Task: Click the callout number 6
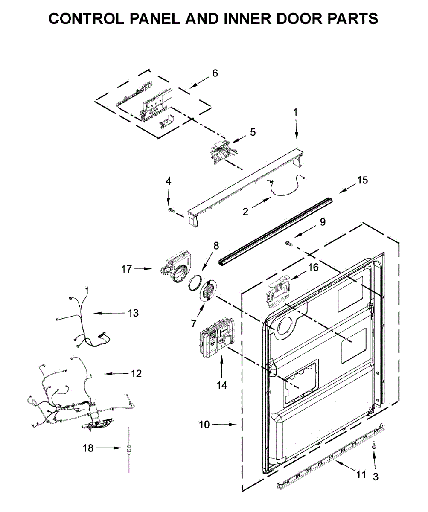pyautogui.click(x=215, y=73)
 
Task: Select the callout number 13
pyautogui.click(x=133, y=313)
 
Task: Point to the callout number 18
pyautogui.click(x=88, y=448)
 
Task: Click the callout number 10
pyautogui.click(x=205, y=425)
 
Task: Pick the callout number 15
pyautogui.click(x=362, y=180)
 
